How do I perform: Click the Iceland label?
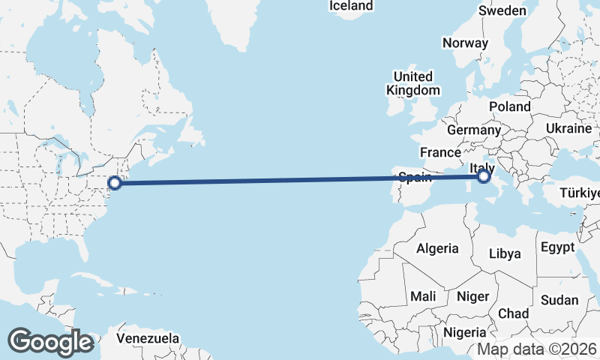tap(352, 6)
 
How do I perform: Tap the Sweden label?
tap(502, 11)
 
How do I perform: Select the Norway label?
tap(465, 43)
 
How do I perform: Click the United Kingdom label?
tap(413, 83)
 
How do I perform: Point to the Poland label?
tap(510, 106)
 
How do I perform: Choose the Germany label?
tap(473, 130)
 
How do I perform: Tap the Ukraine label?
tap(568, 128)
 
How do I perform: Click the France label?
tap(440, 152)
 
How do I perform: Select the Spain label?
tap(414, 178)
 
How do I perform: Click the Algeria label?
tap(436, 248)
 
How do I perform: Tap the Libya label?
tap(505, 253)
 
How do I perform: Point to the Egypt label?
tap(556, 247)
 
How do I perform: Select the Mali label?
tap(423, 296)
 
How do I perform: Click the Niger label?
tap(472, 296)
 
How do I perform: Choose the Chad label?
tap(513, 313)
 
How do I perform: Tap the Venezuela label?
tap(148, 338)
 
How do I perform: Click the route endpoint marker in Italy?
tap(484, 177)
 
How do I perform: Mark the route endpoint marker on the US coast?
tap(115, 181)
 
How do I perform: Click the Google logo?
tap(50, 342)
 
